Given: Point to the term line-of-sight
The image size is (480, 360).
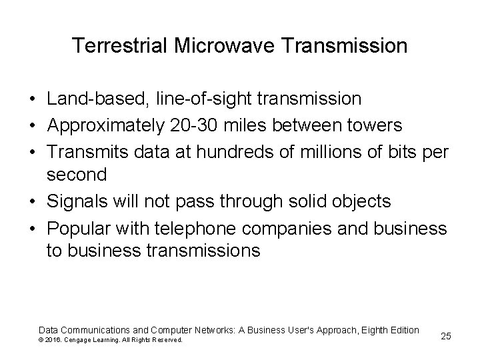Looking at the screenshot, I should [193, 99].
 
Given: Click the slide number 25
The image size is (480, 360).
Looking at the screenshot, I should [446, 336].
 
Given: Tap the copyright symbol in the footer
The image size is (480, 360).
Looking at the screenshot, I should [42, 340].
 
